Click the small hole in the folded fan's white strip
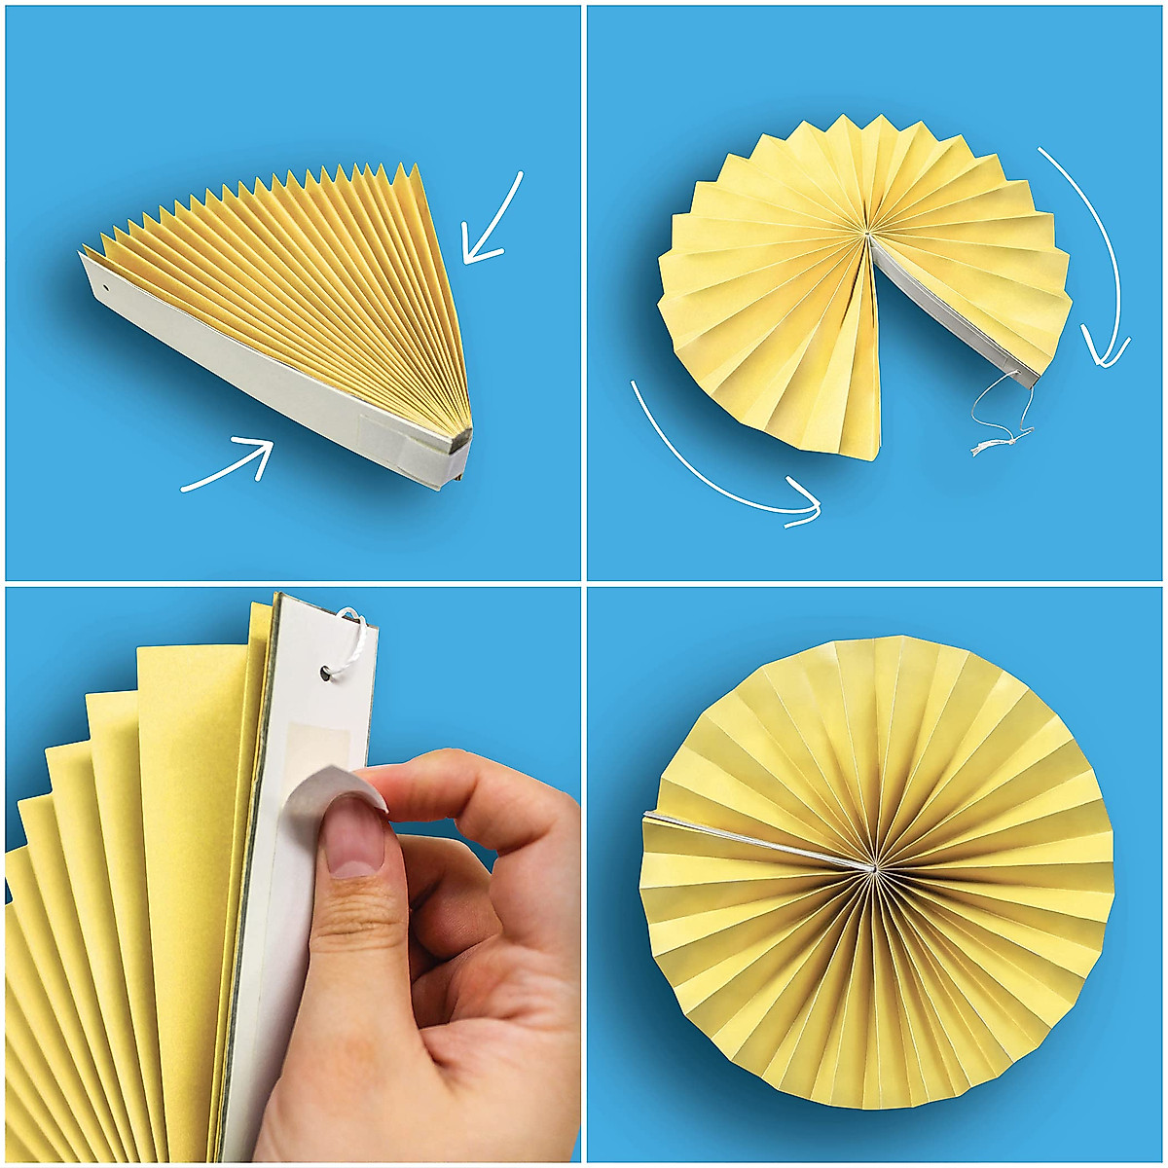click(106, 289)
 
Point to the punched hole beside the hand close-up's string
click(324, 672)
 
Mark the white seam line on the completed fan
click(759, 836)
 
